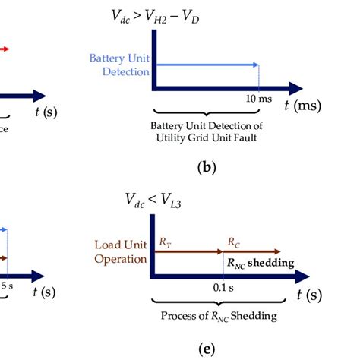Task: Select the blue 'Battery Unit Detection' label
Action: point(120,65)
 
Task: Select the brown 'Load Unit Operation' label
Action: point(119,251)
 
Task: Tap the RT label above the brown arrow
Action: point(166,241)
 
